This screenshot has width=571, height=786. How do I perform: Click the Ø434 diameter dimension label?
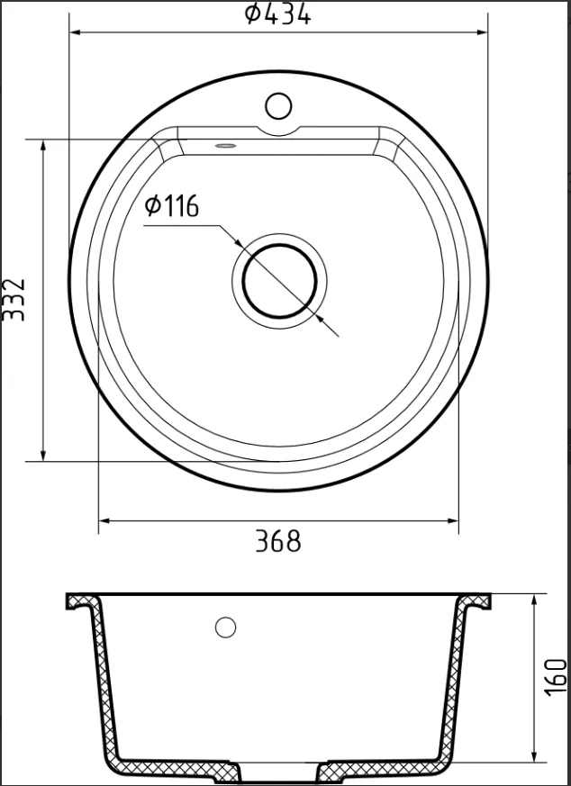point(277,14)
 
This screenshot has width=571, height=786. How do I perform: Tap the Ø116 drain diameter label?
point(171,206)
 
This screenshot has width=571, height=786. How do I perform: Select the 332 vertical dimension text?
point(14,299)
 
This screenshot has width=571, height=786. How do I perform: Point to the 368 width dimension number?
point(278,541)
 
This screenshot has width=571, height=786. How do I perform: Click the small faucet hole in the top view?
point(278,105)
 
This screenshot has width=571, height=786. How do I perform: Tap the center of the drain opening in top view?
point(280,281)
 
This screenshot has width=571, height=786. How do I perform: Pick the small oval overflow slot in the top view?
point(225,145)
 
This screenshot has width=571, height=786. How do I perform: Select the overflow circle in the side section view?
point(225,628)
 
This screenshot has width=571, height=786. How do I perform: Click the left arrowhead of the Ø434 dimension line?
point(75,32)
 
